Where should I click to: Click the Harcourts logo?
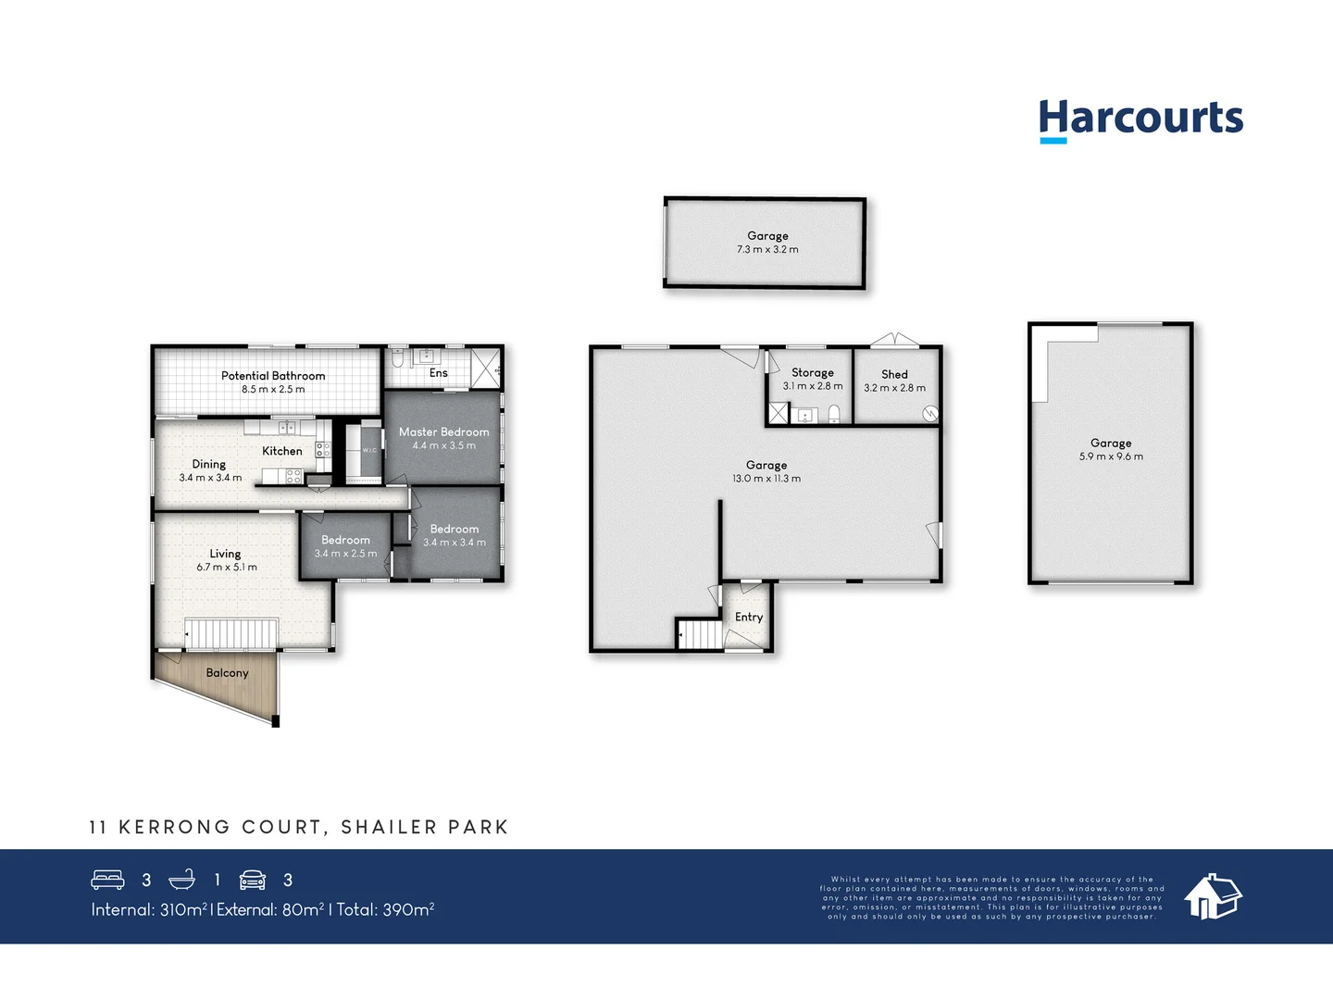(1140, 119)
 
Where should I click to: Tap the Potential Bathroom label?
(273, 376)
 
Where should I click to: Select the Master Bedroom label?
(443, 432)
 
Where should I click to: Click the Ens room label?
(438, 373)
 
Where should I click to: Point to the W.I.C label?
(369, 451)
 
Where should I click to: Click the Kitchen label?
(281, 451)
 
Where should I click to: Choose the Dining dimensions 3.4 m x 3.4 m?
(210, 478)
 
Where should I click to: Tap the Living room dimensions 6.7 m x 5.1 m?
(227, 567)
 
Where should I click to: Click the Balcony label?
(227, 673)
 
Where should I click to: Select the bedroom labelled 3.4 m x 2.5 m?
(345, 546)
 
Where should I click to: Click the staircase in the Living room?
(231, 634)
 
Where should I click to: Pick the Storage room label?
(812, 372)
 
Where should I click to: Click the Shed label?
(894, 374)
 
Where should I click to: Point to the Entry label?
(749, 617)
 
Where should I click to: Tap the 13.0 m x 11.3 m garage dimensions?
(766, 479)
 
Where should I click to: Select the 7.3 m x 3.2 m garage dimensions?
(767, 250)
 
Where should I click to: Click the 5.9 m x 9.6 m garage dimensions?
(1111, 456)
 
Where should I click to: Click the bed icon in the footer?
(107, 880)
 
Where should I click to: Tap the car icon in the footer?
(253, 880)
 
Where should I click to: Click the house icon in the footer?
(1213, 895)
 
